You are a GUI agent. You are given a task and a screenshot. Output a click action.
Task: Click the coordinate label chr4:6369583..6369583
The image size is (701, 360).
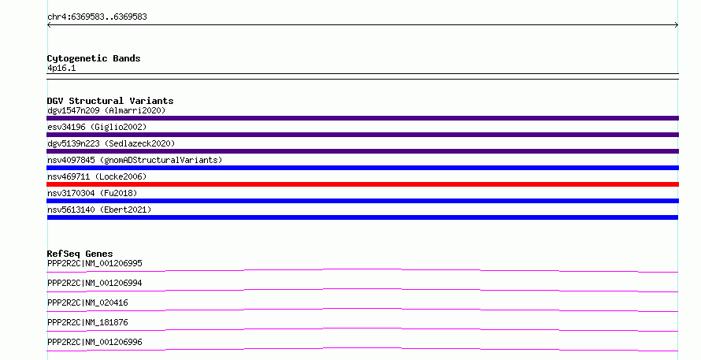point(97,17)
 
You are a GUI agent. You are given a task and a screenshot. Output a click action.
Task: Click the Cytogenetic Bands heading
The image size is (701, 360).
point(94,58)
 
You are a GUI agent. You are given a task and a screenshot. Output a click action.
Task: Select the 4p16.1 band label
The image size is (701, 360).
point(61,68)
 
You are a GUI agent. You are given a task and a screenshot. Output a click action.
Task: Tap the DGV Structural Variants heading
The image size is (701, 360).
point(110,101)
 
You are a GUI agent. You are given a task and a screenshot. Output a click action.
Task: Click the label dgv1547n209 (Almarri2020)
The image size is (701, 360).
point(106,110)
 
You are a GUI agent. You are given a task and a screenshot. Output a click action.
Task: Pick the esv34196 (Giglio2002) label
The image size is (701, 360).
point(97,127)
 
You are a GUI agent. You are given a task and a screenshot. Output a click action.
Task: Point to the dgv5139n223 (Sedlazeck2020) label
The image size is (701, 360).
point(111,143)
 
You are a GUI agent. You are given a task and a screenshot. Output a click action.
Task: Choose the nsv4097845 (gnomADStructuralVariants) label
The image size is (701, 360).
point(135,160)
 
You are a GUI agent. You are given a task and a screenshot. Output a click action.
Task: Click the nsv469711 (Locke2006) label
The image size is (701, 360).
point(97,176)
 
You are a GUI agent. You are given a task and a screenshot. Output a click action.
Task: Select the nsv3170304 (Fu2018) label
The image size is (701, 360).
point(92,193)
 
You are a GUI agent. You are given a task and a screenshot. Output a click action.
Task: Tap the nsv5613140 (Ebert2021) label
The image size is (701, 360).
point(99,210)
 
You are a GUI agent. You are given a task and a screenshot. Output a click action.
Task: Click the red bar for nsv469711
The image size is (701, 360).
point(362,184)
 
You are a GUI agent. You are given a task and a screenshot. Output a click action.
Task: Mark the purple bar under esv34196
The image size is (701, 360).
point(362,135)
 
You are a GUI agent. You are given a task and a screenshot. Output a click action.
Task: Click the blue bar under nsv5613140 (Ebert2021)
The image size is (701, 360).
point(362,217)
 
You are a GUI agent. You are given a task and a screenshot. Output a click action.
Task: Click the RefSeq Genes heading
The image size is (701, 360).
point(80,254)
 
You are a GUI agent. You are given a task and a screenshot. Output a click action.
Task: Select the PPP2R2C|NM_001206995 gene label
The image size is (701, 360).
point(95,263)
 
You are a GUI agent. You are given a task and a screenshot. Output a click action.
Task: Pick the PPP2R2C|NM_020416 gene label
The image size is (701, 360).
point(87,302)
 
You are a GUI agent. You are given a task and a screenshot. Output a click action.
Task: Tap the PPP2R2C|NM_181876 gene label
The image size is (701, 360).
point(87,322)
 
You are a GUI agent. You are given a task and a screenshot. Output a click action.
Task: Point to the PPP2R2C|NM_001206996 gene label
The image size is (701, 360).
point(95,342)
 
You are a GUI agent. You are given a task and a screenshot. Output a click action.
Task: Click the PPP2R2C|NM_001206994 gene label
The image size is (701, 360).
point(95,283)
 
